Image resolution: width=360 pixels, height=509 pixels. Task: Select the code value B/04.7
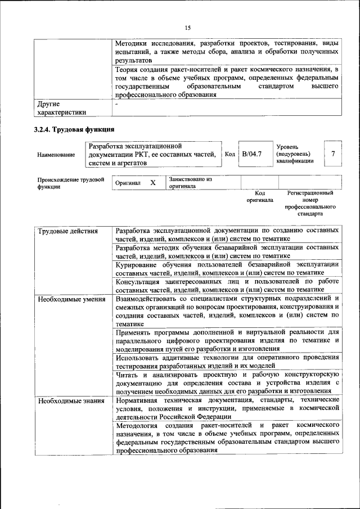(x=252, y=153)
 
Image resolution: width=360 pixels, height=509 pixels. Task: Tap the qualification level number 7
(x=333, y=154)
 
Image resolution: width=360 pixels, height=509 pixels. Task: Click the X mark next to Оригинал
(x=152, y=183)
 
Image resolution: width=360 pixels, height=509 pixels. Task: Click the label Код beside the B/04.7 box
(x=229, y=154)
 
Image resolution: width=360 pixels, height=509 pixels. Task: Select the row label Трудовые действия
(x=67, y=231)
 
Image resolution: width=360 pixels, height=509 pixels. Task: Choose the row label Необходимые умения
(x=71, y=298)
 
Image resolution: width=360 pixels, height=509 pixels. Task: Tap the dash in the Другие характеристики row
(x=117, y=104)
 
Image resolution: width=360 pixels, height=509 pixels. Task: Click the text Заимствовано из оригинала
(x=190, y=182)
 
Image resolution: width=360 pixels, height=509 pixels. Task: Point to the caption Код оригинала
(x=259, y=196)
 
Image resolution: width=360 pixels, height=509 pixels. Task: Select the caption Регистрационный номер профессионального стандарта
(x=310, y=203)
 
